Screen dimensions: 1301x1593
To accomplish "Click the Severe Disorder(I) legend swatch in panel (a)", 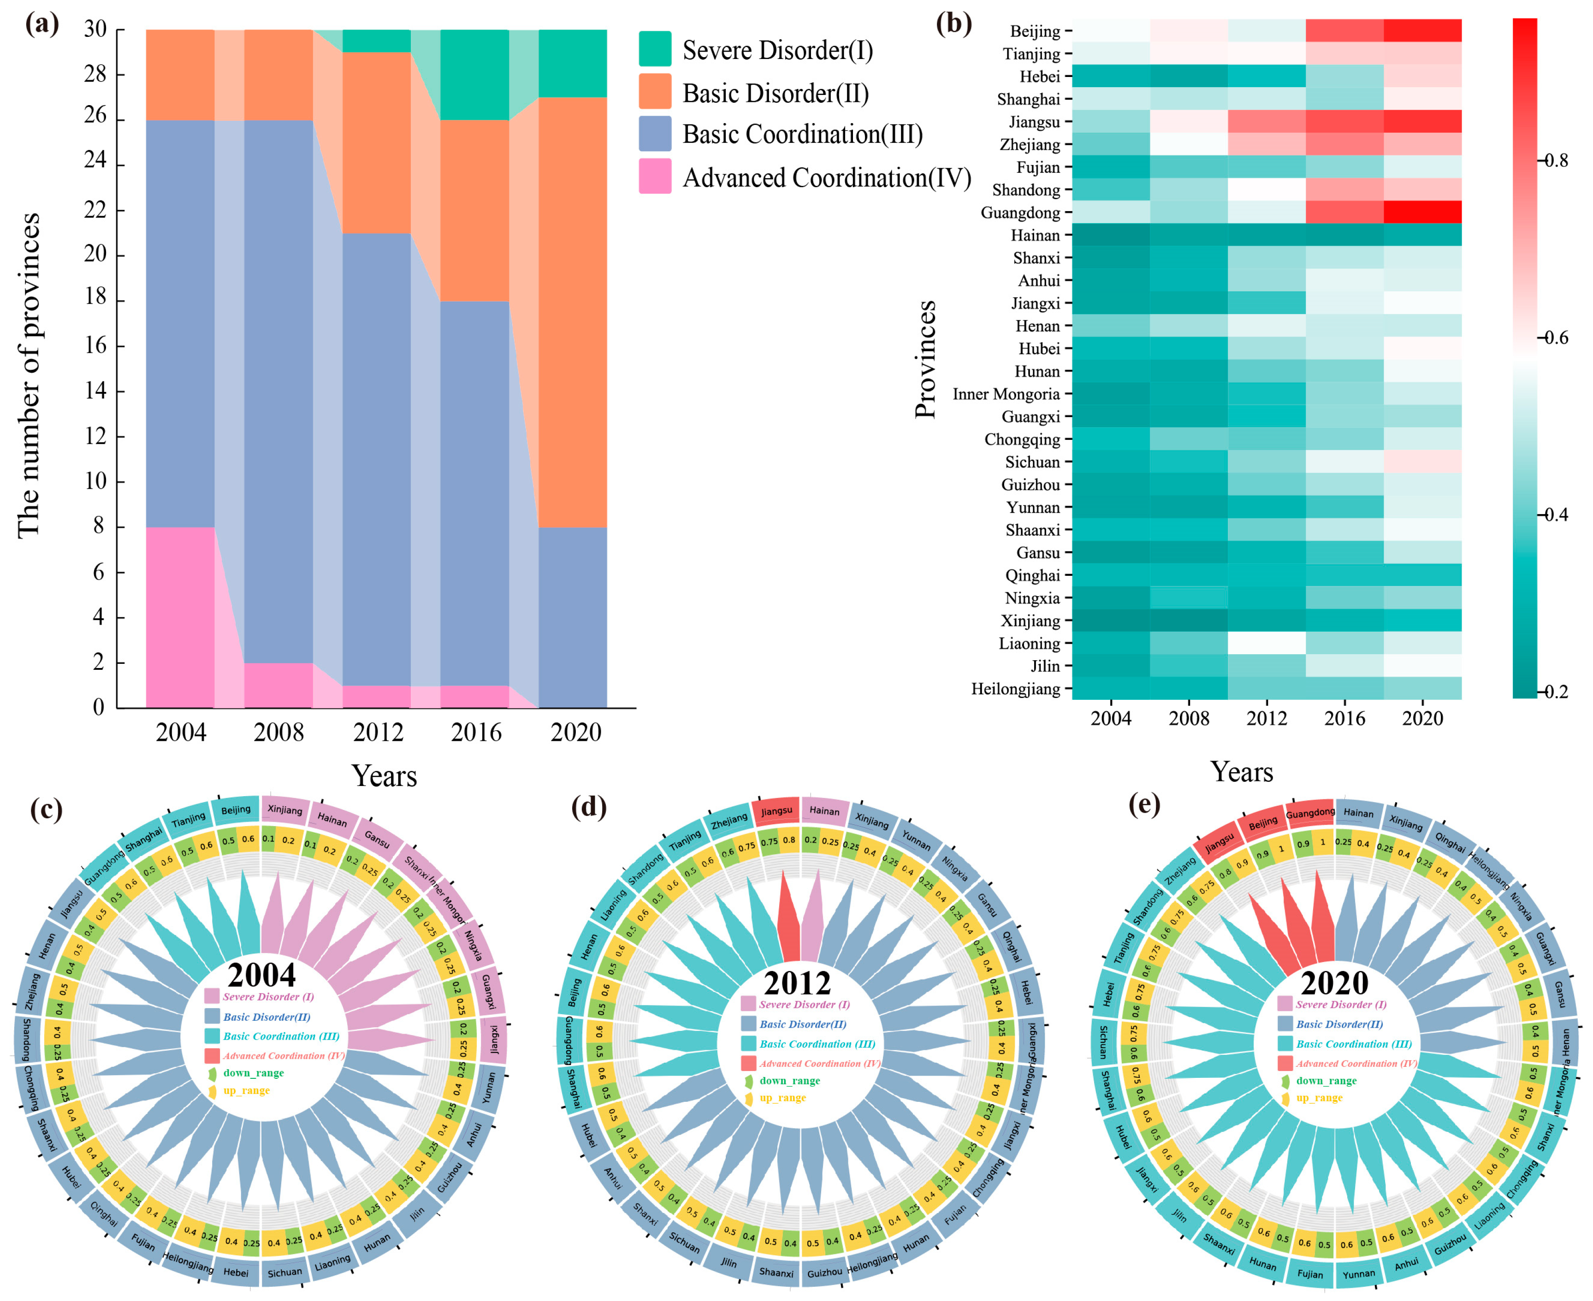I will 654,49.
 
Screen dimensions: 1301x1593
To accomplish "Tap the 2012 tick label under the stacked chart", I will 378,732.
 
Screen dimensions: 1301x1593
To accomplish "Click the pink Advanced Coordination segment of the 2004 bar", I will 180,617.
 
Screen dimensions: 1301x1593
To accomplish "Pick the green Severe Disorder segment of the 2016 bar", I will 474,75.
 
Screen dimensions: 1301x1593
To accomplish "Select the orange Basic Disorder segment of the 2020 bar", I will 573,311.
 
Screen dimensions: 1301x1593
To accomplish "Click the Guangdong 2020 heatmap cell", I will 1421,212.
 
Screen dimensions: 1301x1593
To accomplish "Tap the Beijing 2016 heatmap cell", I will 1344,31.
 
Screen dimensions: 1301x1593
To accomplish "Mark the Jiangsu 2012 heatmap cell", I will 1266,121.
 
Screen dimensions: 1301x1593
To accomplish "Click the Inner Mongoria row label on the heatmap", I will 1006,394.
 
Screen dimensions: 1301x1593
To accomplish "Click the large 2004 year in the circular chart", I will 261,976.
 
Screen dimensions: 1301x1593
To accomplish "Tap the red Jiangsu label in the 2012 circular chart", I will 776,811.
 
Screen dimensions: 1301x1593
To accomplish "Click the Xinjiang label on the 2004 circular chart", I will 285,810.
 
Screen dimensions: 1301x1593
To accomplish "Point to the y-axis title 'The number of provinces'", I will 29,375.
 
